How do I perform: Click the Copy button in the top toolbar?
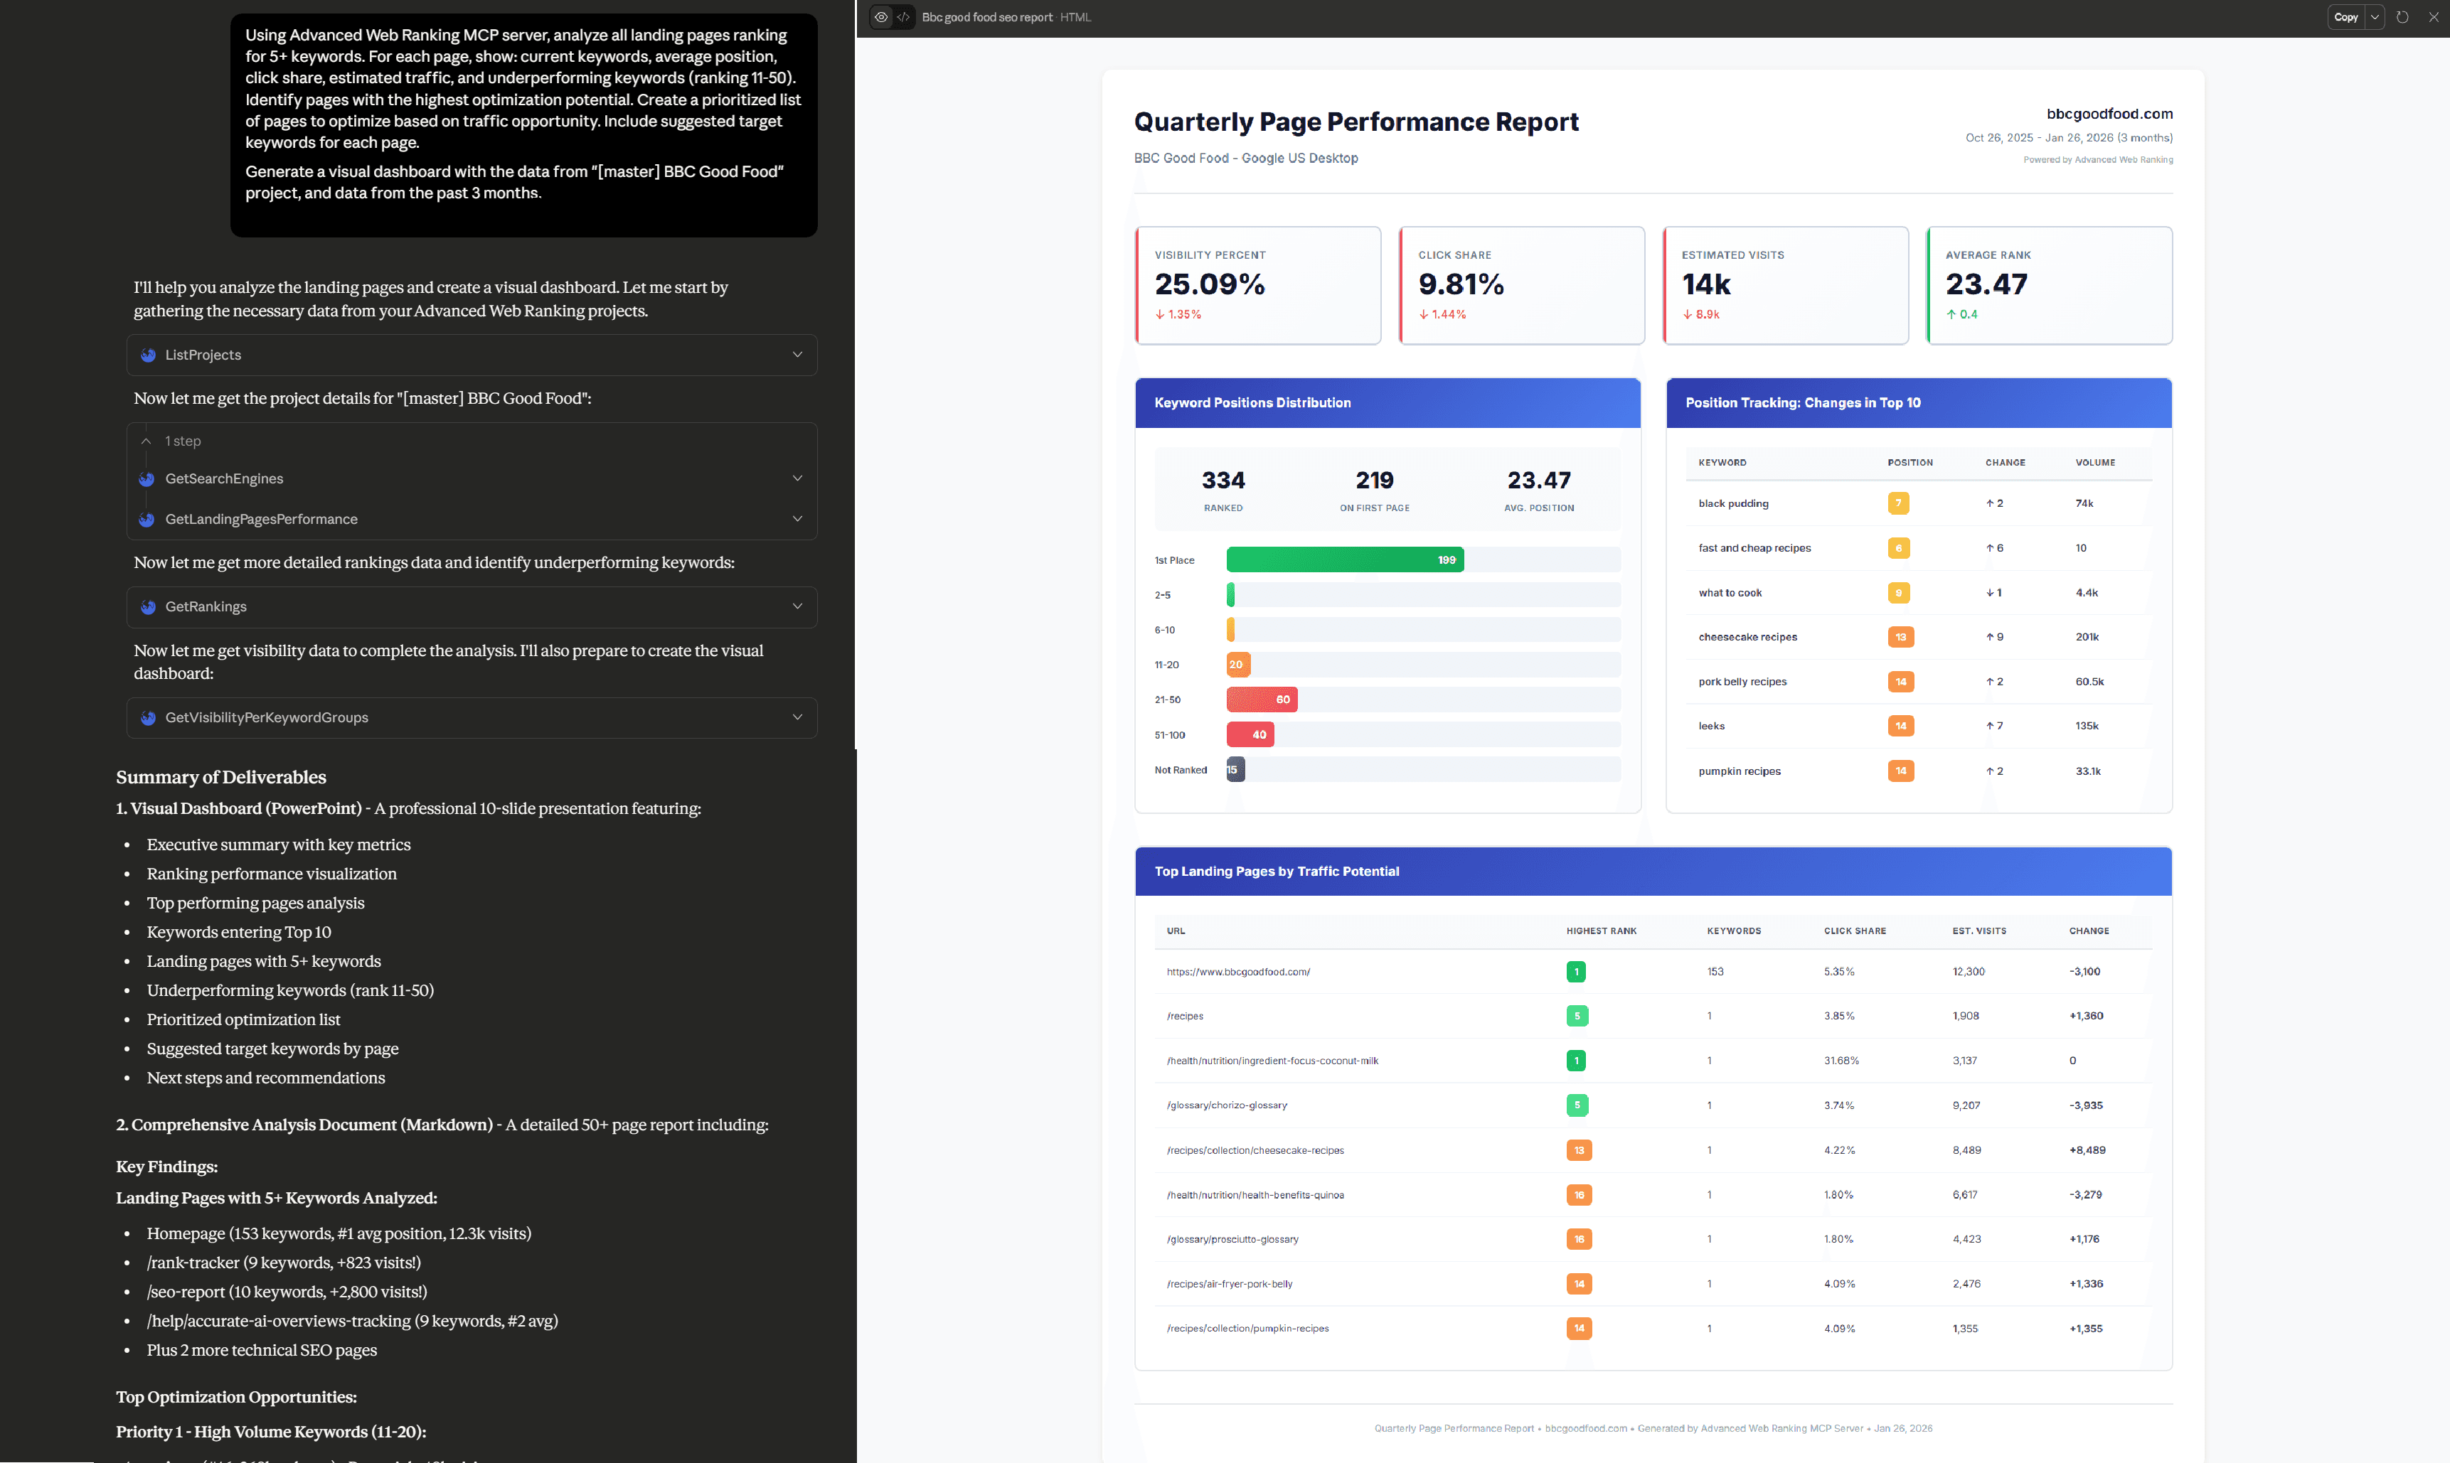click(2345, 17)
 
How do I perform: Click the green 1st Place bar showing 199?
click(1344, 560)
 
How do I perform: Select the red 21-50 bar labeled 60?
click(1262, 700)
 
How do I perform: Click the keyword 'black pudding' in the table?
click(1733, 504)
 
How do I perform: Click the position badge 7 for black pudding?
click(1897, 504)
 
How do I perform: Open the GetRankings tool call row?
click(472, 607)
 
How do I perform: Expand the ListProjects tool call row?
click(472, 355)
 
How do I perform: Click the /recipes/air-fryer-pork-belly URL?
click(1229, 1284)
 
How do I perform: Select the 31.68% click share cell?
click(1841, 1061)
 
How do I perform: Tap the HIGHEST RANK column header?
click(1601, 931)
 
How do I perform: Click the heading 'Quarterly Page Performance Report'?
click(1356, 122)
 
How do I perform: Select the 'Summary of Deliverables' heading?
click(221, 777)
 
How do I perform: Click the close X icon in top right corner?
click(2432, 17)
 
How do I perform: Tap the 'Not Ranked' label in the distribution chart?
click(1181, 770)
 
